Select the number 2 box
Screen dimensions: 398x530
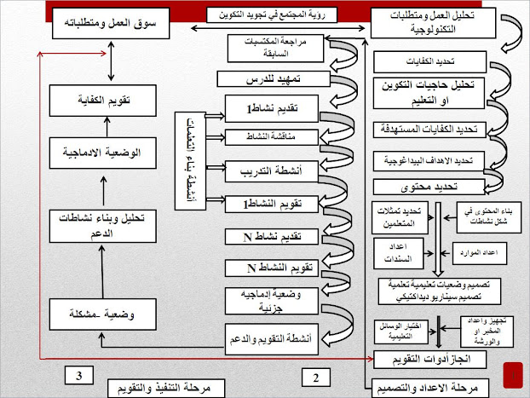click(x=314, y=376)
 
